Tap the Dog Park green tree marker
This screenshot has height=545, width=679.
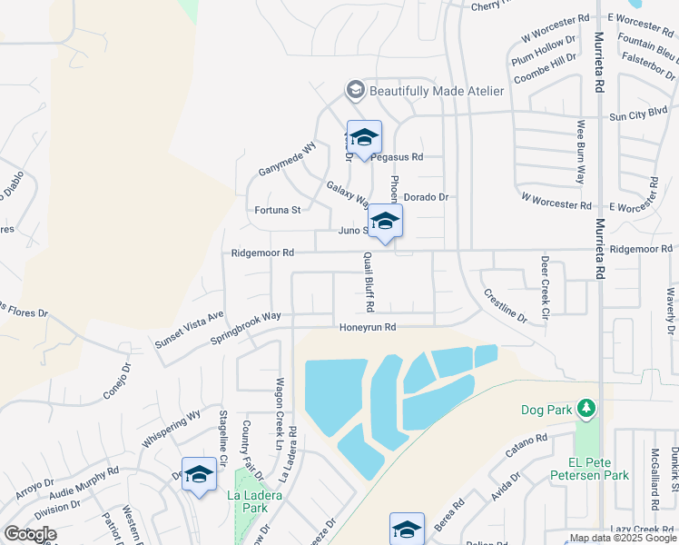click(x=587, y=408)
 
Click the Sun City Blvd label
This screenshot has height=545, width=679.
click(x=638, y=114)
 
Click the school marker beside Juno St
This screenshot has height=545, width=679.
click(x=385, y=222)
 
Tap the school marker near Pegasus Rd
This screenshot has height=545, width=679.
click(x=364, y=138)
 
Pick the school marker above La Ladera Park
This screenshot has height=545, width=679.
click(x=199, y=475)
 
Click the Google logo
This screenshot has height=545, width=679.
click(x=30, y=534)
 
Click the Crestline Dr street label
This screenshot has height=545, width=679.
click(x=505, y=306)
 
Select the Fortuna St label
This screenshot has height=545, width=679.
click(x=277, y=210)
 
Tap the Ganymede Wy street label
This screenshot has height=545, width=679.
click(x=286, y=161)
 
